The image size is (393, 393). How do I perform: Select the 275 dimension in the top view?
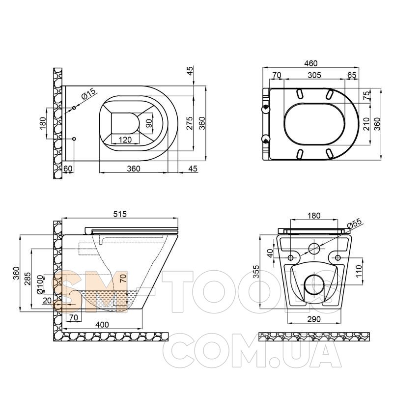point(190,123)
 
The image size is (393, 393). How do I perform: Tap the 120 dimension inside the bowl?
point(125,140)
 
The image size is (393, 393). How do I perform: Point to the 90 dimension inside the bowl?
point(149,123)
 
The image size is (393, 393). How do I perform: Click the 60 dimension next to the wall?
point(68,168)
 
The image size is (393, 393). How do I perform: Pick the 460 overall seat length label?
point(310,63)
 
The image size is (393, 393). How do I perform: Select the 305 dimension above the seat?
point(314,75)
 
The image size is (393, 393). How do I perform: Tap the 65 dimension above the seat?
point(352,75)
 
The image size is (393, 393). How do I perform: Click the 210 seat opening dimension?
point(366,124)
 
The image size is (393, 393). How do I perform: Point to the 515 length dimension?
point(120,214)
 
